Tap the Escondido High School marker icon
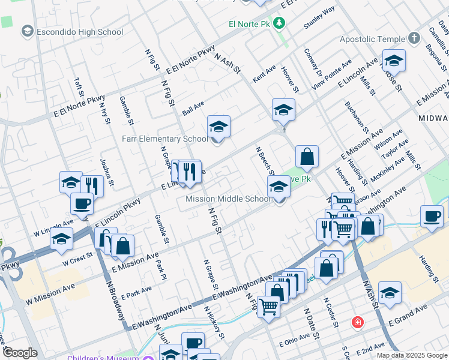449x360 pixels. (27, 31)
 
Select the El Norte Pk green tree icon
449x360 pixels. (279, 23)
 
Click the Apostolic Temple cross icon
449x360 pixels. (414, 39)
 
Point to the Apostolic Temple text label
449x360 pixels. (372, 39)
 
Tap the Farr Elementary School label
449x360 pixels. (165, 139)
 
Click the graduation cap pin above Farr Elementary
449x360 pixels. (219, 127)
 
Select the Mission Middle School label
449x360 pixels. (228, 199)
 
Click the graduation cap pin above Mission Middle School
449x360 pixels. (279, 187)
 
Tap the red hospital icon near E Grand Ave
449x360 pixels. (358, 322)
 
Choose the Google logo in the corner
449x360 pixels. (20, 353)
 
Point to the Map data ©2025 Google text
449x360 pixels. (411, 355)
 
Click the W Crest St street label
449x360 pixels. (77, 259)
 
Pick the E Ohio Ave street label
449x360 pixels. (298, 344)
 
